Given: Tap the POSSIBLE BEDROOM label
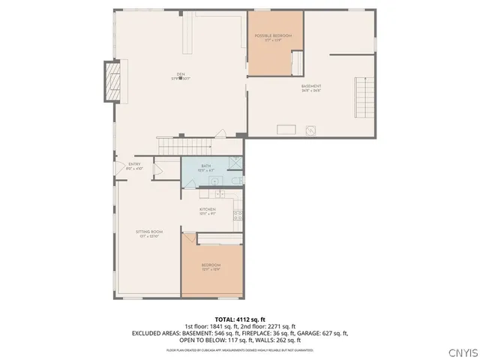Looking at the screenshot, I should click(x=273, y=36).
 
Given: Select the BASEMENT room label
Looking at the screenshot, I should click(x=311, y=86).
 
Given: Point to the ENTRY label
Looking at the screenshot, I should click(x=134, y=164).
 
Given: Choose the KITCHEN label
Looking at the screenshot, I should click(x=208, y=209).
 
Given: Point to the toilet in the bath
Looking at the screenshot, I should click(x=235, y=181).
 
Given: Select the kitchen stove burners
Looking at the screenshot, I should click(x=238, y=214).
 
